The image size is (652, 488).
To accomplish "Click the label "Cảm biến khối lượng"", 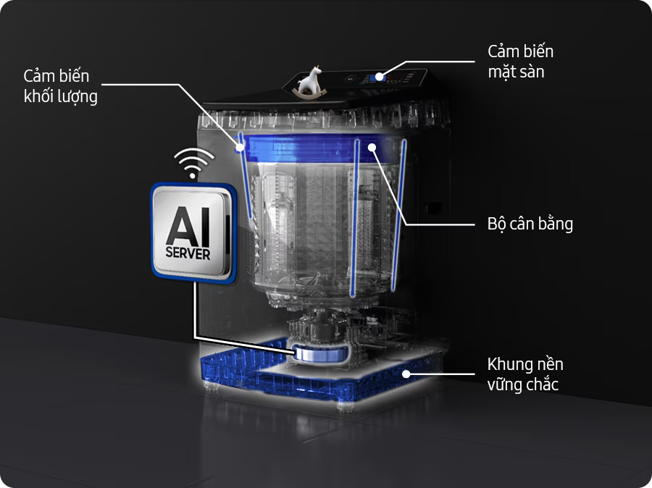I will pos(61,86).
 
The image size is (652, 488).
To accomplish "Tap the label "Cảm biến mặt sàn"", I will pos(520,62).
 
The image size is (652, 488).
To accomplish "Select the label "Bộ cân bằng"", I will pos(530,224).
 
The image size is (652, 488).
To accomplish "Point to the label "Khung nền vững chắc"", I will pos(524,374).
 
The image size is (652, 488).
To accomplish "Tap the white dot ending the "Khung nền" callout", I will pos(407,374).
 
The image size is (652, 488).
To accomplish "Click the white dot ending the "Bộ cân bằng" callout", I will pos(370,147).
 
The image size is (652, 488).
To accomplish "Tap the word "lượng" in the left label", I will pos(78,96).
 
